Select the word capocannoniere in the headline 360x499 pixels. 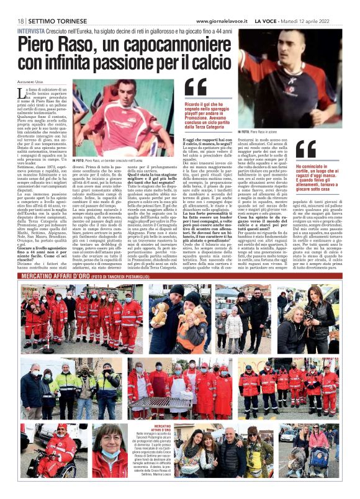click(x=166, y=45)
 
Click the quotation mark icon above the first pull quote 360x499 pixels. click(x=196, y=88)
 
